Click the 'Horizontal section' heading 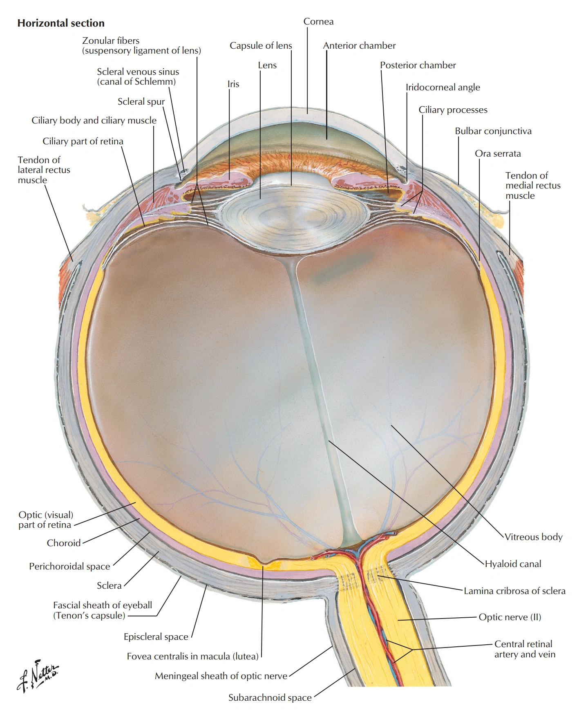(61, 23)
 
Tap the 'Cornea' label (318, 22)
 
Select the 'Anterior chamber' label (359, 46)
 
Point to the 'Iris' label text (233, 84)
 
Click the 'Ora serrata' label (498, 154)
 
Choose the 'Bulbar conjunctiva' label (493, 131)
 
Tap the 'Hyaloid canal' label (513, 564)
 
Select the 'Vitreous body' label (533, 537)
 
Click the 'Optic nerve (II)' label (510, 617)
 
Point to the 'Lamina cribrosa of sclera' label (514, 591)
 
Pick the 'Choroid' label (64, 543)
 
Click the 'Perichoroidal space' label (69, 567)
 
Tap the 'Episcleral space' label (156, 637)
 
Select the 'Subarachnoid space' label (270, 698)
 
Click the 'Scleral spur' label (141, 102)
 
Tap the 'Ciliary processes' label (453, 110)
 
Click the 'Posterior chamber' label (418, 65)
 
